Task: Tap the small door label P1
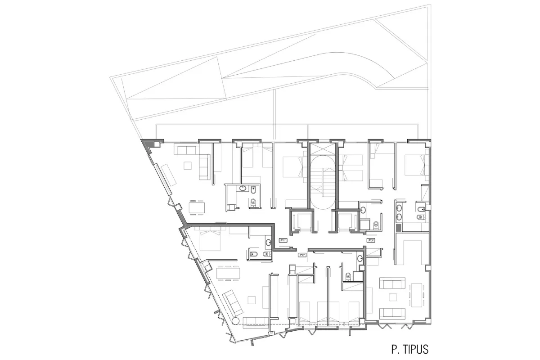click(283, 240)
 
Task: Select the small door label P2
click(302, 255)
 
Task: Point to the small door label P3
click(372, 241)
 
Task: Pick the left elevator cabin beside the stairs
click(299, 220)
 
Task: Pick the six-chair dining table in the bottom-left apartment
click(229, 273)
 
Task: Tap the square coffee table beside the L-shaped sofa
click(187, 165)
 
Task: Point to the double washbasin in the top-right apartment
click(399, 213)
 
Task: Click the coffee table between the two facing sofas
click(394, 296)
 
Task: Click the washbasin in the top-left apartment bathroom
click(243, 189)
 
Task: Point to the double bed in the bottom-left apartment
click(208, 241)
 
